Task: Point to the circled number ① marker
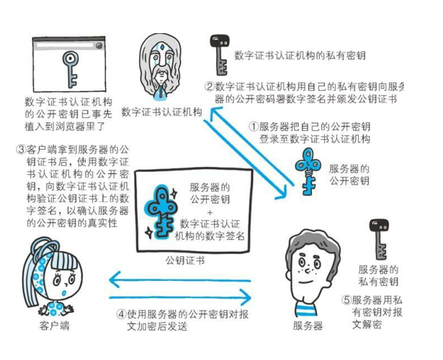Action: click(254, 125)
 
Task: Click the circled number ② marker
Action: click(209, 86)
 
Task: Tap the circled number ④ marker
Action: click(120, 315)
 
